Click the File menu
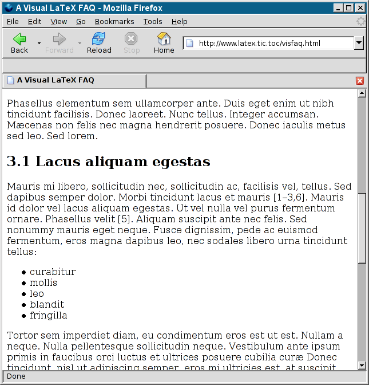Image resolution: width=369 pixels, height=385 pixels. [13, 22]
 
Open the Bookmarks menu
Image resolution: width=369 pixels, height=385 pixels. [114, 22]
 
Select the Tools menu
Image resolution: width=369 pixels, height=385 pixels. [153, 22]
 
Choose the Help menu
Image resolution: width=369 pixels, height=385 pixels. [179, 22]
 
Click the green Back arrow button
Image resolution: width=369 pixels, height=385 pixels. [19, 43]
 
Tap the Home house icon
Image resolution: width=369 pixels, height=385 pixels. [164, 43]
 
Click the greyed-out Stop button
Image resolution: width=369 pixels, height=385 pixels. [132, 43]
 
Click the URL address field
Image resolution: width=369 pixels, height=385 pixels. [269, 44]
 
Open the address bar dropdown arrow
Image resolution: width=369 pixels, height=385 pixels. [359, 43]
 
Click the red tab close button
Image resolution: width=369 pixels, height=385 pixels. [360, 81]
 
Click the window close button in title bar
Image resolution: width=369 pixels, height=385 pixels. [359, 8]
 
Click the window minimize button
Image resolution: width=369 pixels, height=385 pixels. [338, 8]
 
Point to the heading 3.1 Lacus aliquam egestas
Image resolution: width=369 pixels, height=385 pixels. [109, 162]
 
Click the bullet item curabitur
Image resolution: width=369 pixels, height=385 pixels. [53, 272]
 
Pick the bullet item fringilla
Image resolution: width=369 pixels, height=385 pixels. [49, 315]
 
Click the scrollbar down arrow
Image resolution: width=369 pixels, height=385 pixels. [362, 366]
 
